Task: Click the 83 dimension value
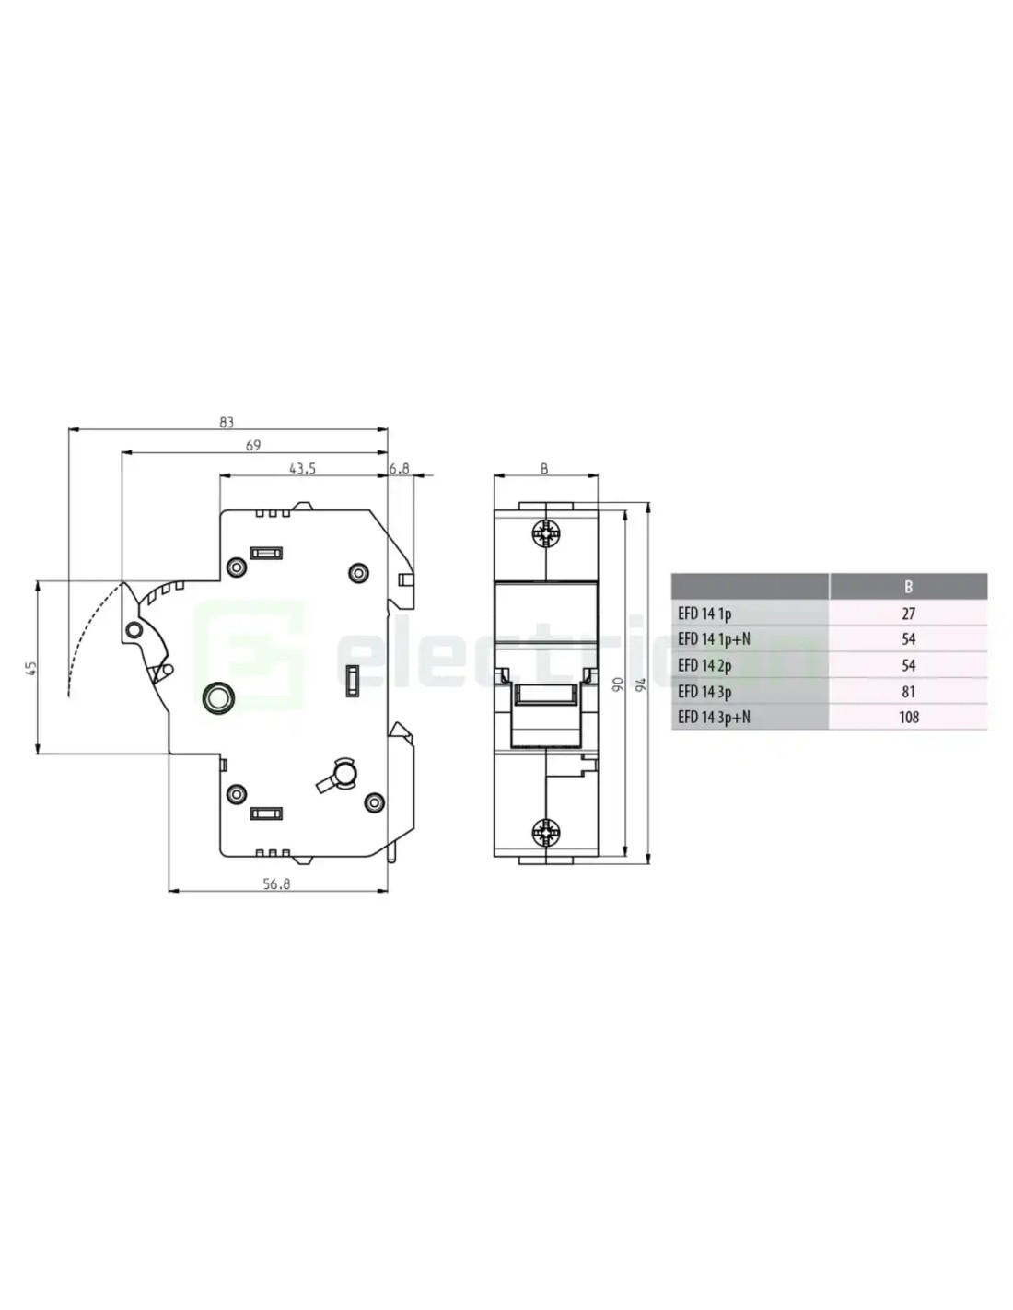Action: click(x=226, y=423)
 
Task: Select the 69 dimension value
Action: click(x=253, y=446)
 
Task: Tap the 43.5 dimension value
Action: click(x=302, y=468)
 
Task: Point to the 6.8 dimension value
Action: click(x=399, y=468)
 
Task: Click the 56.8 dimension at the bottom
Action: click(x=276, y=883)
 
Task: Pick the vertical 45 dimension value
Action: click(x=31, y=668)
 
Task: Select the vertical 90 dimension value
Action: click(x=617, y=684)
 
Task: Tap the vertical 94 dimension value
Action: click(x=641, y=684)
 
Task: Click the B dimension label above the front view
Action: click(x=544, y=468)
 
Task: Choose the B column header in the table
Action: click(x=908, y=587)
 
